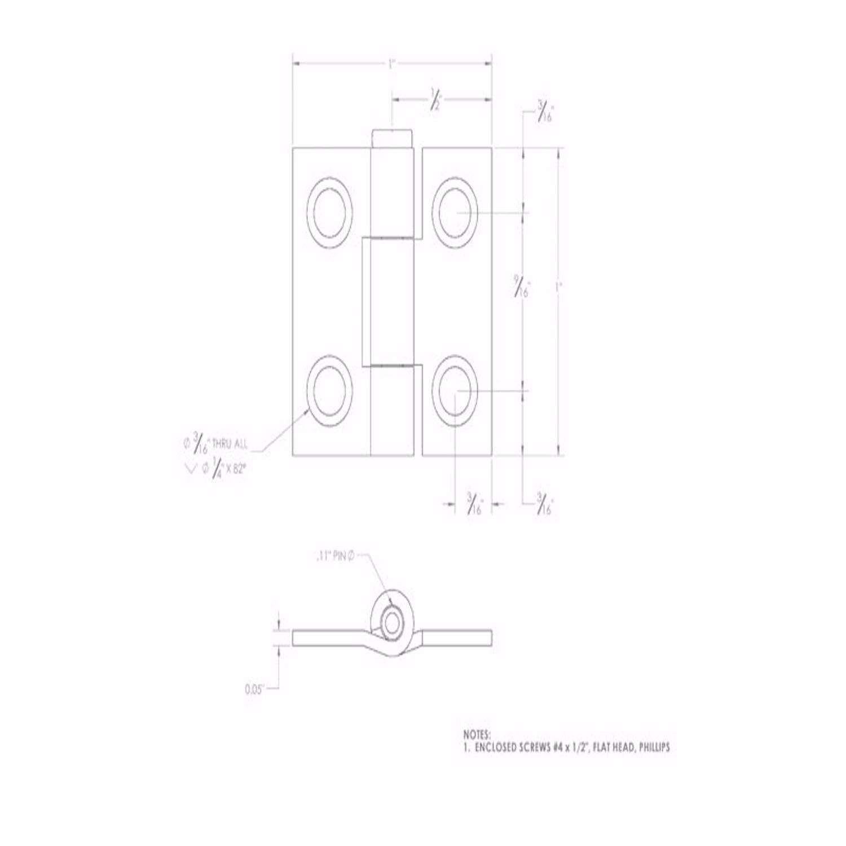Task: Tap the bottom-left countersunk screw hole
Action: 330,391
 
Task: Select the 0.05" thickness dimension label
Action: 255,689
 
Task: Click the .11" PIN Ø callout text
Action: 334,557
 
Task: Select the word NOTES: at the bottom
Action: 477,735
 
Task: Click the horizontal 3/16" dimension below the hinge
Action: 474,503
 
